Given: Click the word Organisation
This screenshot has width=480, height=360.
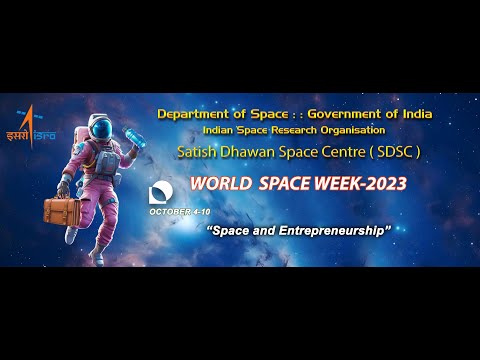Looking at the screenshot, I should [x=349, y=130].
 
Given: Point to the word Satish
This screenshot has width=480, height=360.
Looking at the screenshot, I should [x=200, y=152].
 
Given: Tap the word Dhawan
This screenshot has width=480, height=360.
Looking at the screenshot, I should [x=255, y=152].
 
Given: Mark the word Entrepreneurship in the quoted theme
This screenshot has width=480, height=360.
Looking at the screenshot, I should [x=329, y=231].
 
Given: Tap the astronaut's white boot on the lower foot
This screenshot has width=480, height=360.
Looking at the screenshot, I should [x=98, y=259].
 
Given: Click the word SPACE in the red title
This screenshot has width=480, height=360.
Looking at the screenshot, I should [x=283, y=185].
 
